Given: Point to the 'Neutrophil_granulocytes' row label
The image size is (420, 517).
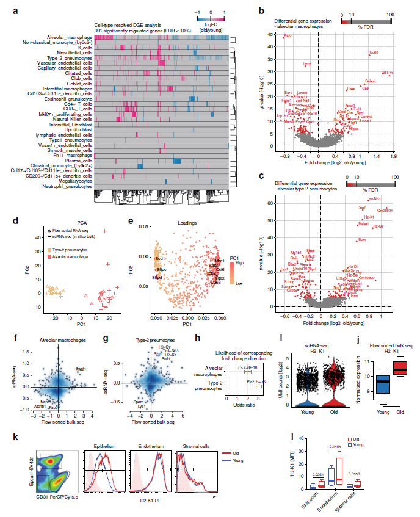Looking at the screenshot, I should [x=65, y=186].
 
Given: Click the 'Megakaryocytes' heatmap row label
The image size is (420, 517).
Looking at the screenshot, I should [x=74, y=181].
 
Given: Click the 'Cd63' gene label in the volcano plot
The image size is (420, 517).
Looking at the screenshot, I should [x=374, y=52].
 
